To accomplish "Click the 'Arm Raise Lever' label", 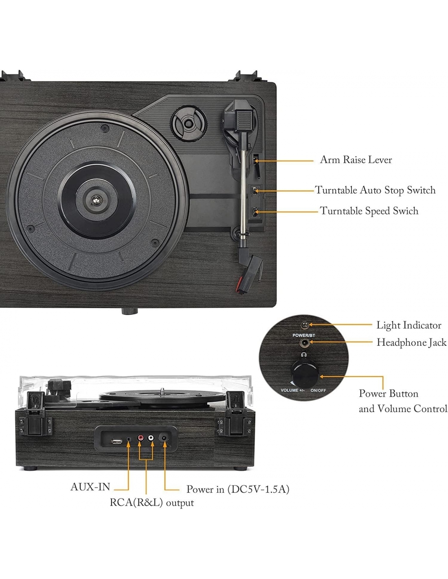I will [x=356, y=160].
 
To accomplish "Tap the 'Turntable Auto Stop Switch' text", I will [x=375, y=190].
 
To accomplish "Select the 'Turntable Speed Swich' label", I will [x=369, y=211].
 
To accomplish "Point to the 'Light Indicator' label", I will [x=408, y=325].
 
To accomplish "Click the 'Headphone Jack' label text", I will [x=411, y=342].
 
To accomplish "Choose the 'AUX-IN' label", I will [x=90, y=487].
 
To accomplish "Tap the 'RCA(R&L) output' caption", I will [x=152, y=502].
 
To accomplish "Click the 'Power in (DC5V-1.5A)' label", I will [x=238, y=489].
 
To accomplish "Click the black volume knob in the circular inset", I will [x=303, y=374].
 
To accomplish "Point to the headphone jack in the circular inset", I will [x=303, y=343].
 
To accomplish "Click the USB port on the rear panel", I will [x=116, y=441].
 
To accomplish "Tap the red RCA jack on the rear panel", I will [x=141, y=438].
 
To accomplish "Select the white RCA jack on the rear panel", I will [x=151, y=438].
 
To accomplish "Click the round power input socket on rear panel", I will [x=164, y=438].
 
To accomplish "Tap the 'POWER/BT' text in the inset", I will [x=303, y=335].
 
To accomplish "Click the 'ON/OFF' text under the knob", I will [x=318, y=390].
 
